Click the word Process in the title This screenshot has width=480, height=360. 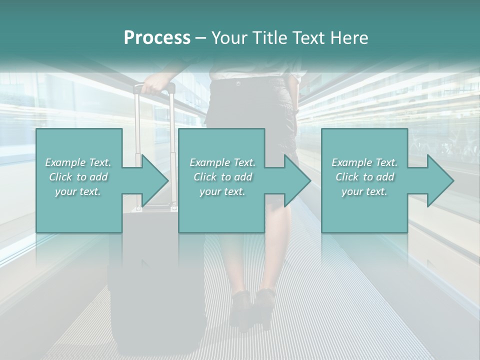coord(157,38)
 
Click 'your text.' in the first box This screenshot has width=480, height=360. coord(78,191)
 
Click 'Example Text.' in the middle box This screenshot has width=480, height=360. coord(222,162)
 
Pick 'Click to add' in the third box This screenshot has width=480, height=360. coord(364,177)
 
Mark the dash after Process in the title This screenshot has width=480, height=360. coord(201,38)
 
